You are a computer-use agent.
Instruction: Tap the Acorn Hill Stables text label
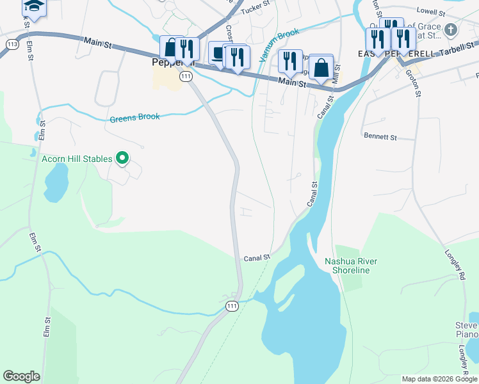click(x=77, y=159)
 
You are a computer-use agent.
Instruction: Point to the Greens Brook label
click(x=134, y=118)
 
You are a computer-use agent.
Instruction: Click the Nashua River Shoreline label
click(x=351, y=266)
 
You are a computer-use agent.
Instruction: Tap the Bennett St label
click(x=380, y=136)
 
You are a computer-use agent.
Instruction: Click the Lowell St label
click(x=430, y=11)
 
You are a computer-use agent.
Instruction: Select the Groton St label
click(x=413, y=83)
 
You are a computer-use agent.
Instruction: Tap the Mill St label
click(x=336, y=74)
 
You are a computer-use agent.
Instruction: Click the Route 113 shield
click(x=12, y=44)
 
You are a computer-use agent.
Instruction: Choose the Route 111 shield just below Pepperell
click(x=186, y=76)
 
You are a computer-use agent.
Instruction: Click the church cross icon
click(x=451, y=30)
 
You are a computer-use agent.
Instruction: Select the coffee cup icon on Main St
click(x=218, y=53)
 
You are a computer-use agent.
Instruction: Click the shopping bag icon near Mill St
click(x=322, y=67)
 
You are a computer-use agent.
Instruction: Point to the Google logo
click(x=22, y=376)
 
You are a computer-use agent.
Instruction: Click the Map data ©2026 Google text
click(x=439, y=379)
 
